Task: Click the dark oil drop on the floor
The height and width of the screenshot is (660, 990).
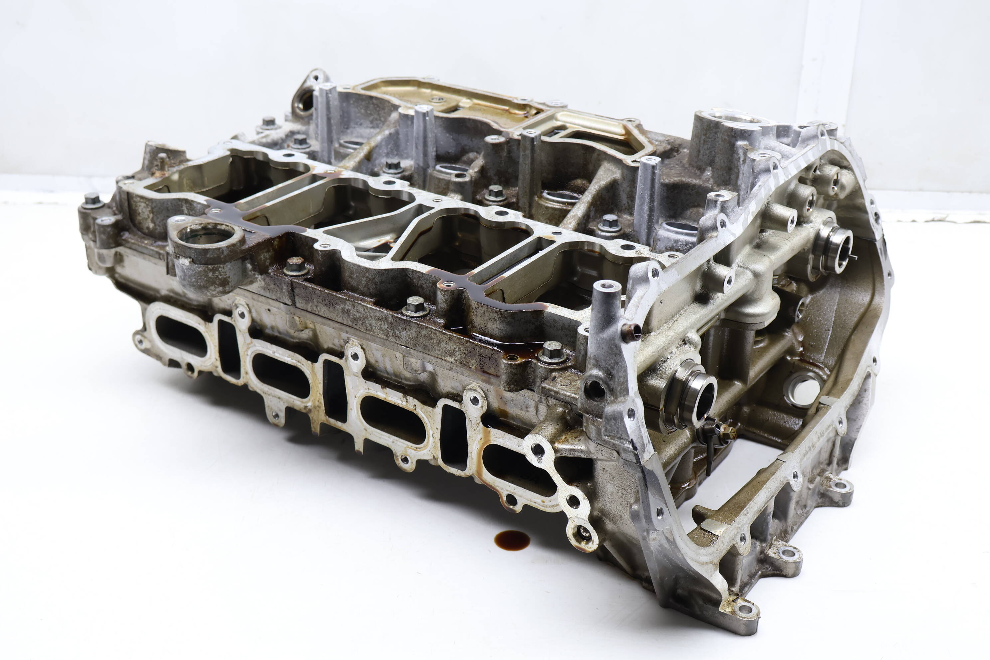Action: click(x=512, y=540)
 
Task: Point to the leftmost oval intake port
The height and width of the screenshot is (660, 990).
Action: click(x=181, y=335)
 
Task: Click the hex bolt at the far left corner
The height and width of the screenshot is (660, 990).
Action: click(x=91, y=200)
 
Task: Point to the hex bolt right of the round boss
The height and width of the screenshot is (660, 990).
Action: click(x=295, y=266)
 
